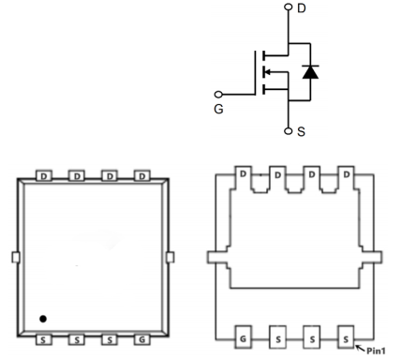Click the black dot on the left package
click(43, 319)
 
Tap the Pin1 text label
click(376, 351)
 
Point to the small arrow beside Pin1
click(361, 348)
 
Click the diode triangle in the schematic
click(310, 72)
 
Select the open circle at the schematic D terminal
click(289, 7)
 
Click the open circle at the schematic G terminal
click(218, 94)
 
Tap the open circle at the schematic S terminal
click(289, 131)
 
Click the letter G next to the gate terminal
click(218, 109)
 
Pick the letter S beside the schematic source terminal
click(301, 131)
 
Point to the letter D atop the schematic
click(301, 8)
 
